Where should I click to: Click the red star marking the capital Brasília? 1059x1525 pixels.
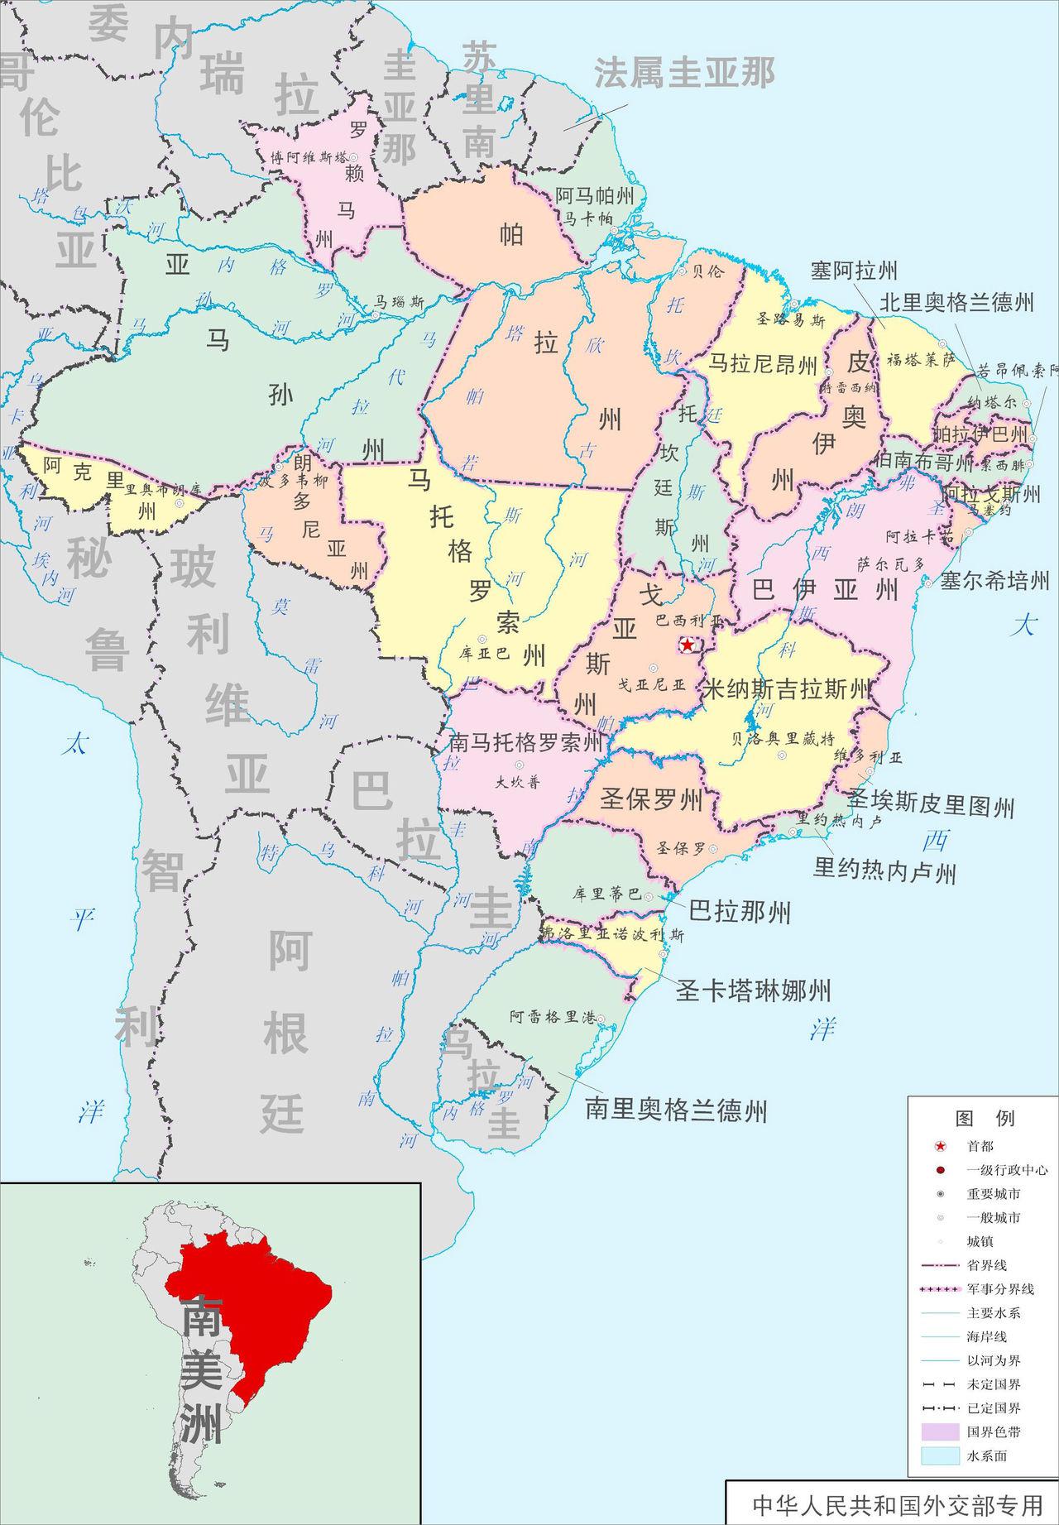click(x=687, y=645)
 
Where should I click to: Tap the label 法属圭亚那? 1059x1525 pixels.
click(x=684, y=73)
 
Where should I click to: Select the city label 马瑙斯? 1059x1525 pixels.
click(x=400, y=303)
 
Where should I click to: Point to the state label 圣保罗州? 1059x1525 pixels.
click(x=651, y=799)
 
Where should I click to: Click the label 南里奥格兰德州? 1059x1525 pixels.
click(x=676, y=1110)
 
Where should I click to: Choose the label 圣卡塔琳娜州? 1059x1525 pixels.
click(x=753, y=990)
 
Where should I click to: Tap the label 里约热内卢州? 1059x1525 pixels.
click(x=884, y=870)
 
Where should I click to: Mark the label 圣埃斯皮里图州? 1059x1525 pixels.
click(x=931, y=805)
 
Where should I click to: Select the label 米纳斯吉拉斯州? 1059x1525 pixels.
click(x=787, y=688)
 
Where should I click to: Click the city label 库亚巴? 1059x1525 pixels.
click(x=490, y=651)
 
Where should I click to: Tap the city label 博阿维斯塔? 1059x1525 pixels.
click(x=309, y=157)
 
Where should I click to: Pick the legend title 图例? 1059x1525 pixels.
click(x=984, y=1119)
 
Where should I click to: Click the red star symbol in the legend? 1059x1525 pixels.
click(x=940, y=1146)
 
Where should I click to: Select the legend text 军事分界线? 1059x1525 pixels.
click(x=1000, y=1289)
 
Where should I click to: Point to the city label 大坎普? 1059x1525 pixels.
click(x=518, y=781)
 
